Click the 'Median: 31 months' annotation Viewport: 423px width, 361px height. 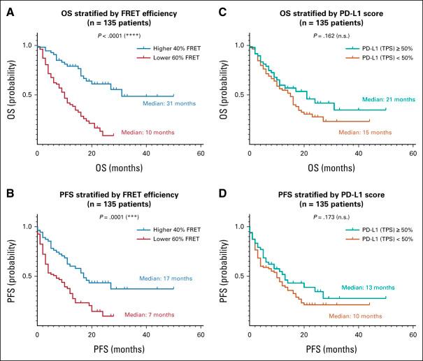click(169, 104)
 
